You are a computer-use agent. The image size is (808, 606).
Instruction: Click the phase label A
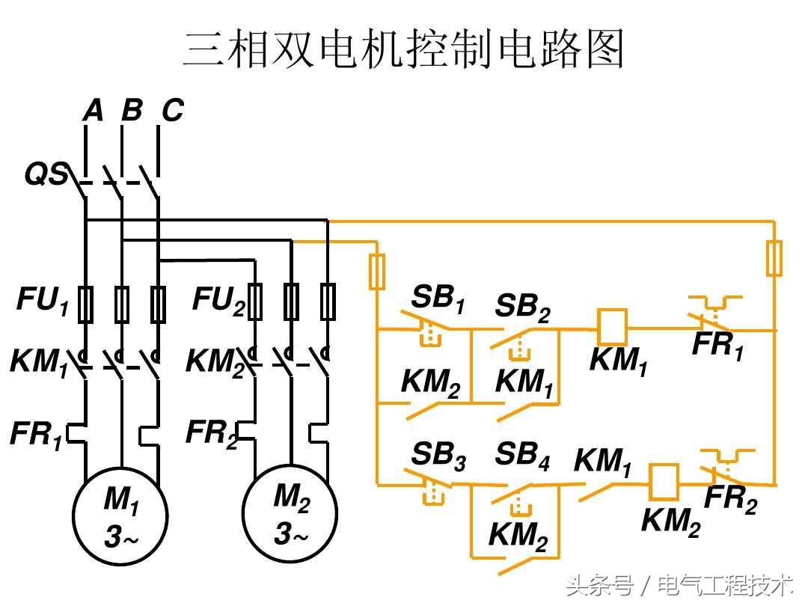coord(92,111)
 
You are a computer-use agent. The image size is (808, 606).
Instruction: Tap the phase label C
coord(172,111)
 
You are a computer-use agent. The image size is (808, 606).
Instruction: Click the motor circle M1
coord(120,515)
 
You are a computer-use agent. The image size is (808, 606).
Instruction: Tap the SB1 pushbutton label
coord(438,299)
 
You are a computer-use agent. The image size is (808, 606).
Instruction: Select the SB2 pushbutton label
coord(522,307)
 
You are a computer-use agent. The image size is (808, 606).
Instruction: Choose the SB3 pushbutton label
coord(438,456)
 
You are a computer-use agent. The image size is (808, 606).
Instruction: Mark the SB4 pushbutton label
coord(522,456)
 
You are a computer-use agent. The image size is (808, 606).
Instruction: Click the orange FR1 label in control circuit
coord(717,345)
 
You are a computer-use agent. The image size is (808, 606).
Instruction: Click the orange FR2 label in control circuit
coord(730,499)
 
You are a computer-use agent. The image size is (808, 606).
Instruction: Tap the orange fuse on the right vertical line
coord(775,258)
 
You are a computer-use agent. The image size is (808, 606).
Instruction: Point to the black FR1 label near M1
coord(35,435)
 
